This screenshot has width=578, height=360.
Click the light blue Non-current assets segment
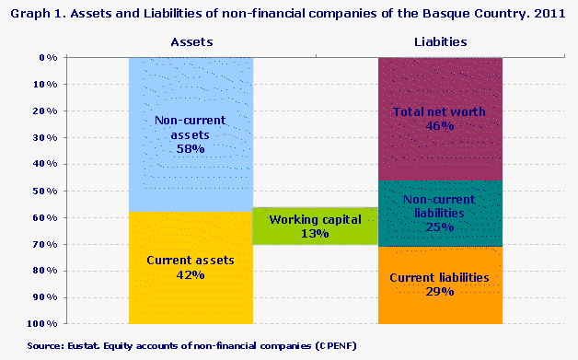click(191, 92)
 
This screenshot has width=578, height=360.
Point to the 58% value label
click(191, 148)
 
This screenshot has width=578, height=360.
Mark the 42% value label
click(191, 274)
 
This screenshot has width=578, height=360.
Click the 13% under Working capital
click(315, 234)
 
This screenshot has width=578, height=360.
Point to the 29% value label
click(439, 291)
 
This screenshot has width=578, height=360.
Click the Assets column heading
click(191, 42)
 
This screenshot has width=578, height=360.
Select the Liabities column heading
click(439, 42)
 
